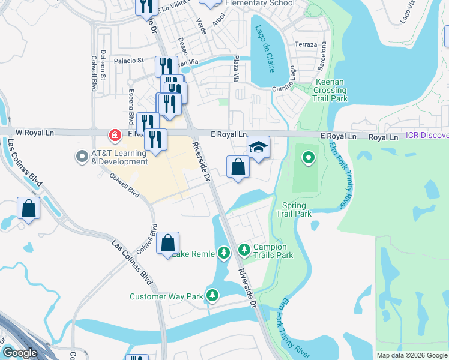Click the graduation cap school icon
coord(258,147)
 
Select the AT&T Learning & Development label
coord(119,157)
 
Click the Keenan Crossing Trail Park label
coord(330,90)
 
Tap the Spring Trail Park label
coord(294,209)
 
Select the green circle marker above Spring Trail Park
coord(308,158)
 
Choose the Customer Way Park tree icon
coord(212,295)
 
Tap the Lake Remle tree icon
coord(224,253)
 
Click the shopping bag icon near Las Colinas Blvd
coord(28,208)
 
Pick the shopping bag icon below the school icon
coord(238,166)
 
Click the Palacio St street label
coord(130,60)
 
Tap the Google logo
coord(20,353)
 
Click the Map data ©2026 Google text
coord(411,355)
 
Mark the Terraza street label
coord(306,45)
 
